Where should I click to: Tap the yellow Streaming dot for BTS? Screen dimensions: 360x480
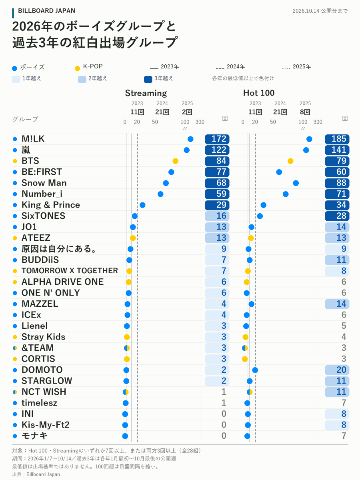click(175, 161)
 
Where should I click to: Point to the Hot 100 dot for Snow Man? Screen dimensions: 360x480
click(296, 183)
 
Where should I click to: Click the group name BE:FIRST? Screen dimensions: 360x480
click(42, 172)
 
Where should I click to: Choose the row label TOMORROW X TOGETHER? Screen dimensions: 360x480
click(70, 271)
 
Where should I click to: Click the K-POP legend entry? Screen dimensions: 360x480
click(89, 67)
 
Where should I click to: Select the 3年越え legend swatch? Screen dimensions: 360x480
click(148, 79)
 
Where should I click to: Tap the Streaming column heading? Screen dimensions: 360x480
click(146, 93)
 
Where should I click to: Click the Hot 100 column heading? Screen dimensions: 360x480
click(259, 93)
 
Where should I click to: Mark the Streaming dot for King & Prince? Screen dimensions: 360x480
click(142, 205)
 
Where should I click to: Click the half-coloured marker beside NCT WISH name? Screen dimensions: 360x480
click(15, 392)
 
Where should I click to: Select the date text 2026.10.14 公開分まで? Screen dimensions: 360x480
click(320, 11)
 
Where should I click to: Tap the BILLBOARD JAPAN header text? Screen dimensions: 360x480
click(46, 11)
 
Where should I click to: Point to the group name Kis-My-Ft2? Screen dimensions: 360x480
click(46, 425)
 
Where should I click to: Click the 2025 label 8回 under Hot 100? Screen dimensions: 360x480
click(305, 112)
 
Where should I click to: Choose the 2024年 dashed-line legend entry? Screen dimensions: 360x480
click(230, 67)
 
